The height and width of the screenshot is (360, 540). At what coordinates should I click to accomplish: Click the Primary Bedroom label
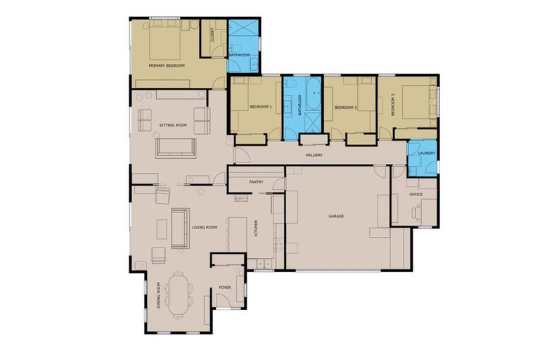(167, 65)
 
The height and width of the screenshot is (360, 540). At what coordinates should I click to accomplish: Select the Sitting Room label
(173, 125)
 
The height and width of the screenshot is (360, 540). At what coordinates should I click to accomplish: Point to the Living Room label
(205, 228)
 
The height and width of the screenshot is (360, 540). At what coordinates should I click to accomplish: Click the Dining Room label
(160, 295)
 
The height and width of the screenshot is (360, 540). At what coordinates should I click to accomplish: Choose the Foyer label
(225, 288)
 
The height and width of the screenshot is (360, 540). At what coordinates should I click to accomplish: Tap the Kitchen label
(256, 228)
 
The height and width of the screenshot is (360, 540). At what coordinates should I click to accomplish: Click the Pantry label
(256, 182)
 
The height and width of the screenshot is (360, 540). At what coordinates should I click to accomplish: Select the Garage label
(336, 216)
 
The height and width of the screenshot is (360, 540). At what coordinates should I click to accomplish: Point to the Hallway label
(314, 155)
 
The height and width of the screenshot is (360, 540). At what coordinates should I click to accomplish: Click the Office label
(416, 194)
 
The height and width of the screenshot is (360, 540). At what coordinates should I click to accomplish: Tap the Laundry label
(427, 153)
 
